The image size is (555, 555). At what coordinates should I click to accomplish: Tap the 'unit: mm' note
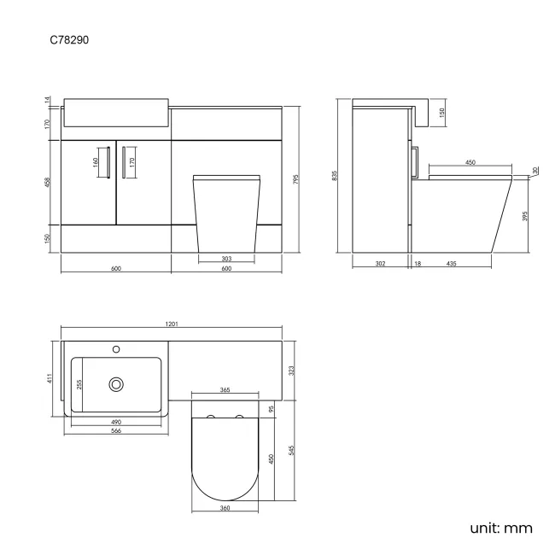(501, 528)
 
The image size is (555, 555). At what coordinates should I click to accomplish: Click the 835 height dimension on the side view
(336, 176)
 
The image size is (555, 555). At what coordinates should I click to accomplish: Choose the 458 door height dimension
(49, 181)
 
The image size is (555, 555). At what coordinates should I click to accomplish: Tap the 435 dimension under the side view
(451, 264)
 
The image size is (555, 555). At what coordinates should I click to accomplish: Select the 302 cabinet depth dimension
(381, 264)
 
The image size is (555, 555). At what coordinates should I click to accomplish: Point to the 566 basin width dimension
(116, 430)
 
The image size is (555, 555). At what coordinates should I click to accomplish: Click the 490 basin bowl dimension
(116, 421)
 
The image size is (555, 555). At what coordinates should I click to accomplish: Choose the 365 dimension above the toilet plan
(225, 389)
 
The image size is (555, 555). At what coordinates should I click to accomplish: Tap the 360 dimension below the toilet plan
(225, 509)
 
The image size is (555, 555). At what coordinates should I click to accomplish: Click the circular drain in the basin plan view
(116, 385)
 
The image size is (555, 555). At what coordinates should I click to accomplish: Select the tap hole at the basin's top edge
(116, 349)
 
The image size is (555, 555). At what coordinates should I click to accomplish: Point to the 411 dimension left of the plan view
(50, 377)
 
